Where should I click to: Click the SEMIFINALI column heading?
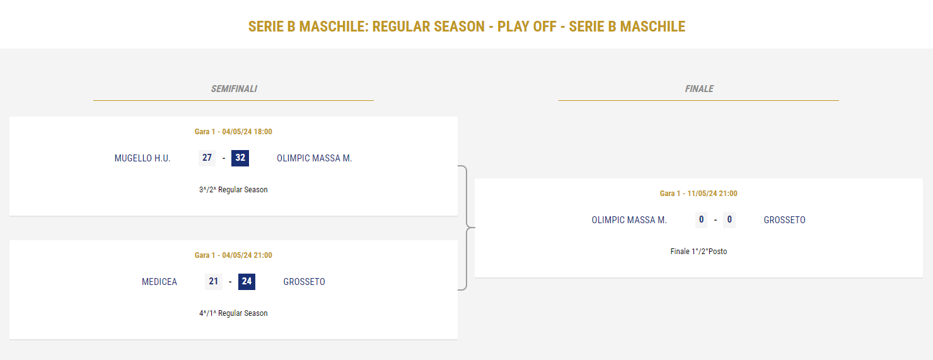click(x=234, y=89)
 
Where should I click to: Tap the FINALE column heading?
click(x=699, y=89)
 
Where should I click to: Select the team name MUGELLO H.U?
click(x=142, y=158)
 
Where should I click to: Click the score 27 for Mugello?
click(x=207, y=158)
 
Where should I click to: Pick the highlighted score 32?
click(x=240, y=158)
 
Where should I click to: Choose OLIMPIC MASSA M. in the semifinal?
click(x=315, y=158)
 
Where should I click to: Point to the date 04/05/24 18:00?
click(x=247, y=132)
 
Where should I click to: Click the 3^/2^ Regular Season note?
click(x=233, y=190)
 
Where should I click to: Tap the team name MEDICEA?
click(x=159, y=282)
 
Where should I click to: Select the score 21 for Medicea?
click(x=213, y=282)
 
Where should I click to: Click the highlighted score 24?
click(x=246, y=282)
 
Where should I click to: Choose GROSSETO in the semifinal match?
click(x=304, y=282)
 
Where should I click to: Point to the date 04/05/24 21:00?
click(x=247, y=255)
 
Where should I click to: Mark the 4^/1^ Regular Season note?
click(x=233, y=313)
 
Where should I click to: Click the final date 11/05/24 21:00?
click(x=712, y=194)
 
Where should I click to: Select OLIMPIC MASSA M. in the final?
click(x=629, y=220)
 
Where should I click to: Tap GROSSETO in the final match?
click(x=784, y=220)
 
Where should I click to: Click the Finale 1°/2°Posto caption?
click(x=698, y=252)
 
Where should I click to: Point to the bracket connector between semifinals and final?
click(x=466, y=228)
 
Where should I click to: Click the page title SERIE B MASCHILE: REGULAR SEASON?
click(x=366, y=26)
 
